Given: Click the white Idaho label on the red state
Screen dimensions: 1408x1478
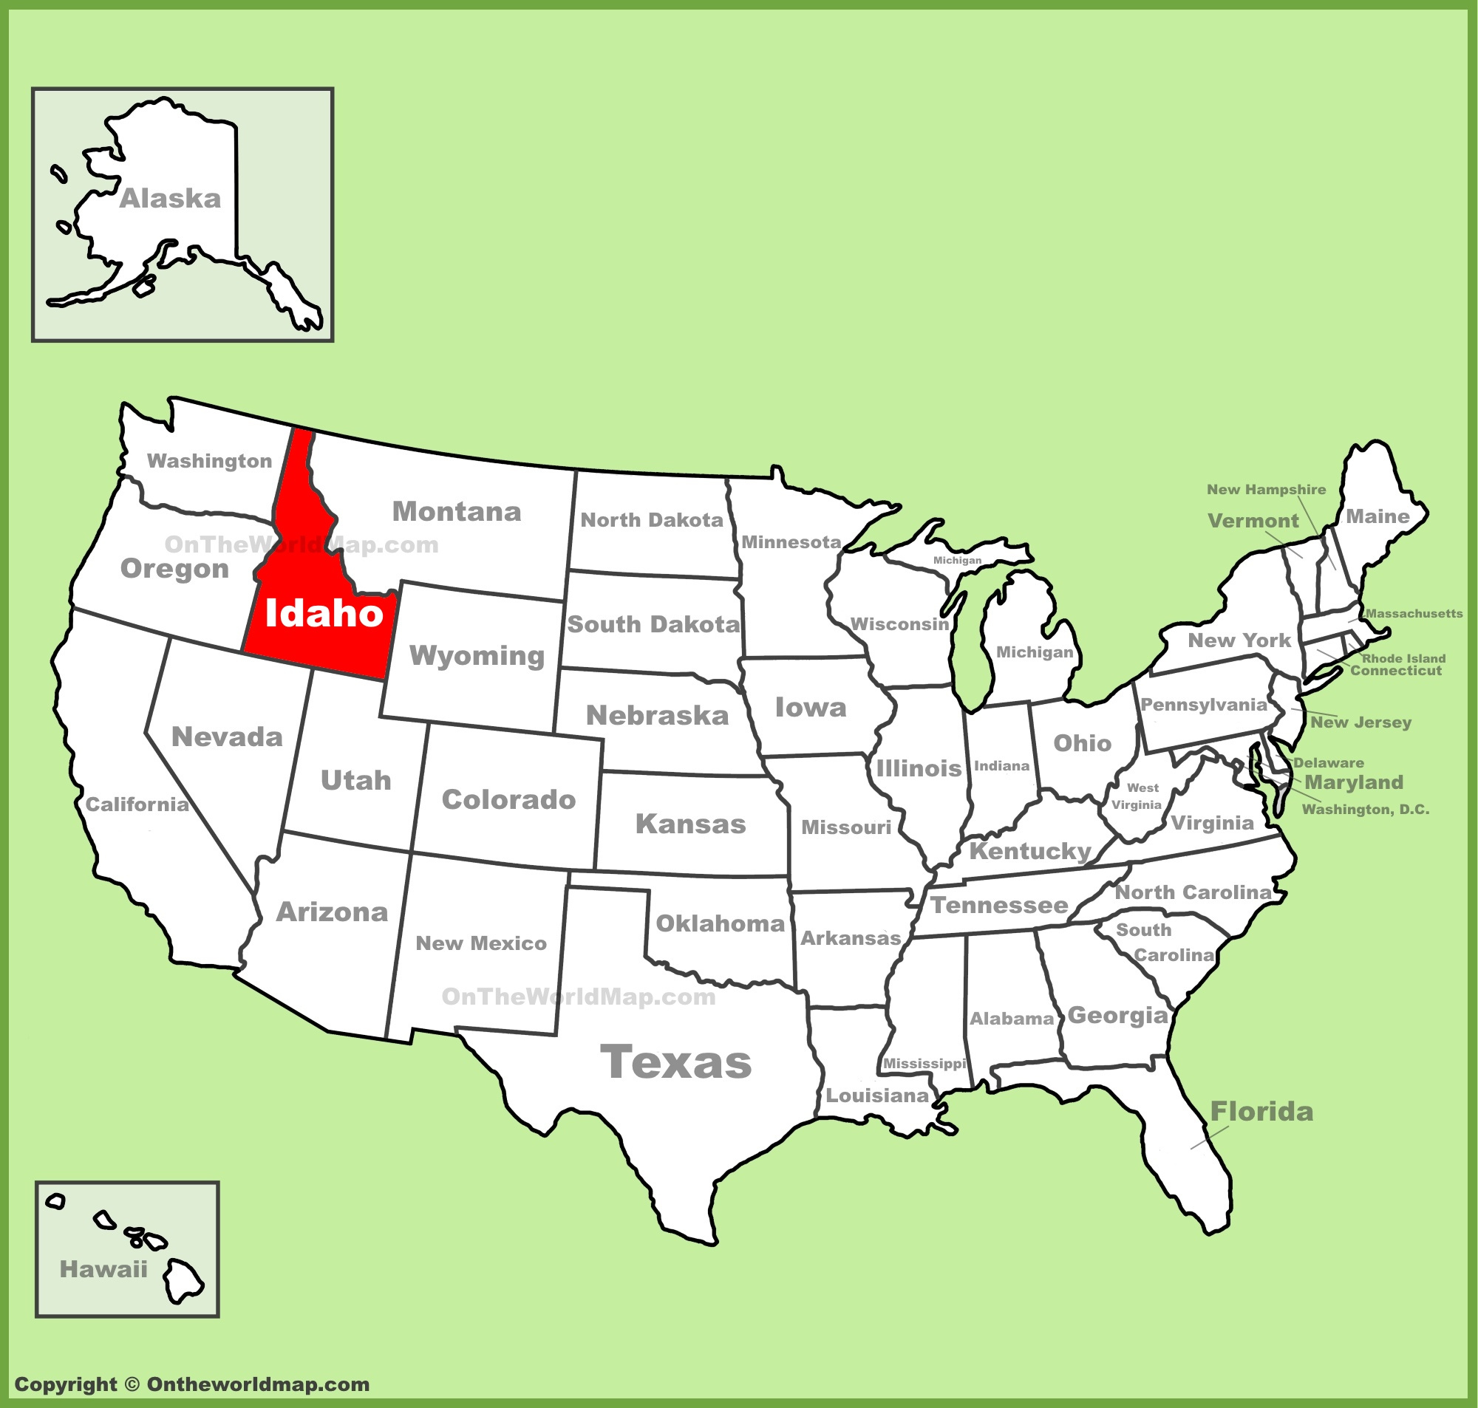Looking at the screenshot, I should tap(324, 613).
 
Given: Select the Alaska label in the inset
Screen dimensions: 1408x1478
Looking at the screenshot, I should tap(171, 199).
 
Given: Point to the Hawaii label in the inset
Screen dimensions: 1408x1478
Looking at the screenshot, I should tap(103, 1269).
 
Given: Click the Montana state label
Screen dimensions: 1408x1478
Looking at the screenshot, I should tap(457, 512).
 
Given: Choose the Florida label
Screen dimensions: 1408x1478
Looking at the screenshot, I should tap(1261, 1112).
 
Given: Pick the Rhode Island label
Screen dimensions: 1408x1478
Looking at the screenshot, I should tap(1403, 658).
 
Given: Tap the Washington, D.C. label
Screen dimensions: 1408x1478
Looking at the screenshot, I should tap(1366, 809).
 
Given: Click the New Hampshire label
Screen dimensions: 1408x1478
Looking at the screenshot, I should tap(1267, 489).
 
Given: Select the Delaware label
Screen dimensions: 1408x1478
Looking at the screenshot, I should tap(1329, 763).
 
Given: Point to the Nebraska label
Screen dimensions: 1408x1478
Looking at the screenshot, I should tap(657, 715).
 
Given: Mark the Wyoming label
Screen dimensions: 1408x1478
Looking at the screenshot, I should tap(477, 655).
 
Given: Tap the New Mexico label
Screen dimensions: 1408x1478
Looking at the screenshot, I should tap(481, 943).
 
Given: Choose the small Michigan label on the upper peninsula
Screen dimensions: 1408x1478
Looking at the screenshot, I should tap(957, 561).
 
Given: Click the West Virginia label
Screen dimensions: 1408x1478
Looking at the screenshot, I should tap(1138, 796).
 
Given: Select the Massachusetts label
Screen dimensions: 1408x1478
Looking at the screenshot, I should tap(1414, 613).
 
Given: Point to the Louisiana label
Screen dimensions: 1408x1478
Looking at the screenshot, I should tap(876, 1096).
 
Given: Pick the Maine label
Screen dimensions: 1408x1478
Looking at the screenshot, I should tap(1377, 516).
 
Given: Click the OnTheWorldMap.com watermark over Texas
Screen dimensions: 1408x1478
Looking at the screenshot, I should tap(578, 997).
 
